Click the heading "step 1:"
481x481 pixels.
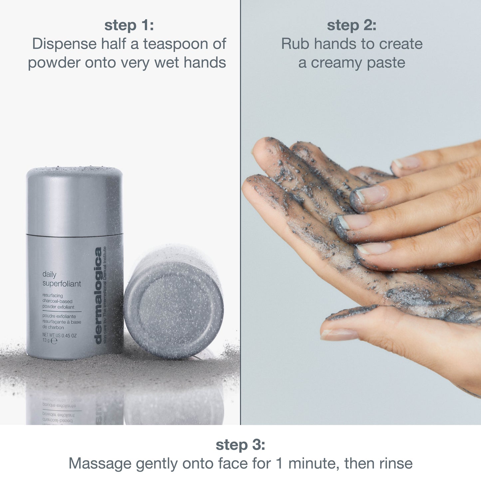click(x=129, y=26)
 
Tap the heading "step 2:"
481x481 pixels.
click(x=352, y=26)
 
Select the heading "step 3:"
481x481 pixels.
click(x=240, y=445)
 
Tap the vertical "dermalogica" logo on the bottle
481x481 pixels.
click(x=98, y=295)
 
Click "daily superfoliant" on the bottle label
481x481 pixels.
click(x=62, y=279)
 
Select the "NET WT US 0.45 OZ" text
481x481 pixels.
click(x=59, y=335)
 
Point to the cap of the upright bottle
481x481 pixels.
click(x=75, y=200)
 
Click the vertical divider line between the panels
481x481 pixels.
click(x=240, y=213)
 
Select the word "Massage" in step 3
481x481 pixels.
click(x=100, y=464)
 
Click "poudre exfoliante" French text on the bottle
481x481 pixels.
click(x=59, y=316)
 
